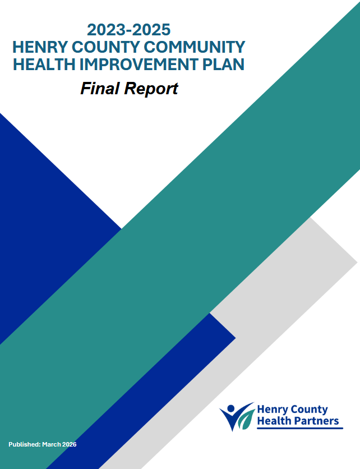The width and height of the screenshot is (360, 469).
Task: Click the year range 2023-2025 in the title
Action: point(128,30)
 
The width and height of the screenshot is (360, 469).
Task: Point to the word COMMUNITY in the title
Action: point(195,47)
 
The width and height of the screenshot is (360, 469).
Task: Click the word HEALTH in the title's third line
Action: point(44,65)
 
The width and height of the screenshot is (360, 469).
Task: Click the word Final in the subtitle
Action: point(100,89)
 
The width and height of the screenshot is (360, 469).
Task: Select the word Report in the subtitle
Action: point(151,89)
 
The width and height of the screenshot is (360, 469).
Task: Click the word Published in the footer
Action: point(25,444)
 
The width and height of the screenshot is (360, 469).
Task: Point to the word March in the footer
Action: point(52,444)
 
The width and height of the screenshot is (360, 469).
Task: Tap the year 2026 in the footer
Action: point(70,444)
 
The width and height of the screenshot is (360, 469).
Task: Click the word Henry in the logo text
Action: point(273,410)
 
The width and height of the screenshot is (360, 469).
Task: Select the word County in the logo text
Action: point(309,410)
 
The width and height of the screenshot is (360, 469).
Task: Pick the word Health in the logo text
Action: point(274,421)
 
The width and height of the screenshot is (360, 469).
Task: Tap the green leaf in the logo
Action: point(246,420)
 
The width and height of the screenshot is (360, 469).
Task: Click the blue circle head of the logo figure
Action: point(231,408)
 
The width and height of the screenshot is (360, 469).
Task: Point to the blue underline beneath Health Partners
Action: point(300,428)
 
